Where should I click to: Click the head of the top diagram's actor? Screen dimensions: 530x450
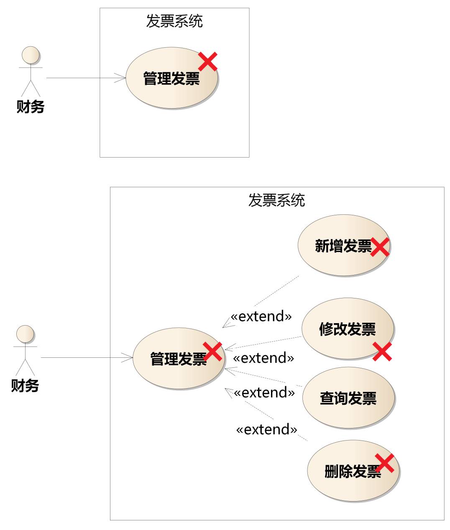[31, 55]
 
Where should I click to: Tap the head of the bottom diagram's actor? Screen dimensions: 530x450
[25, 334]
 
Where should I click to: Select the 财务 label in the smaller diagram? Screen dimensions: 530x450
[30, 107]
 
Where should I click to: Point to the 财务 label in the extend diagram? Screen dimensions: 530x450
[25, 385]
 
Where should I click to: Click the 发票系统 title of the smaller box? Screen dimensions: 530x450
[174, 21]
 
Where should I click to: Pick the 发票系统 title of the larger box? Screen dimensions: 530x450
[277, 200]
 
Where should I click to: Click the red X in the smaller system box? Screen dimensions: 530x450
[207, 61]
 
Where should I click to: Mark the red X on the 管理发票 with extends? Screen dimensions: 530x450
[213, 351]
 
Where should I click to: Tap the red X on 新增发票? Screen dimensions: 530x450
[380, 247]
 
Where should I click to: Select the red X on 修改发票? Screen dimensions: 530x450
[382, 351]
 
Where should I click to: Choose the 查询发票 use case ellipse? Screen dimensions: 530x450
[348, 398]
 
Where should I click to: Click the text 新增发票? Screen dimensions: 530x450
[343, 246]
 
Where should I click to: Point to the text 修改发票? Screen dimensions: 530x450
[348, 329]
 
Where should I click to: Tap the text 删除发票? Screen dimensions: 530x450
[352, 471]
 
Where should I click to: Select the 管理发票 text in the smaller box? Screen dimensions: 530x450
[171, 79]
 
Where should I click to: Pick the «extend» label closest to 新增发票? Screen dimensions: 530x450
[261, 316]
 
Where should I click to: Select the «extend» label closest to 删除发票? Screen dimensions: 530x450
[267, 430]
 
